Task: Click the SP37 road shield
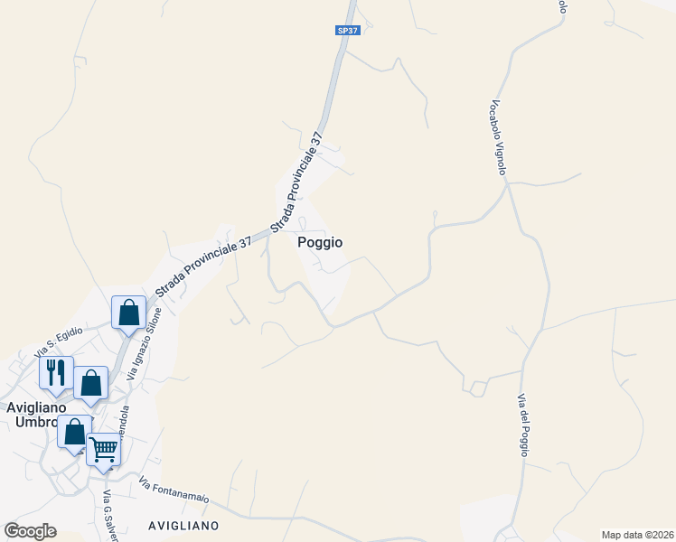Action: pos(346,30)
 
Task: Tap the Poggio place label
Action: pos(320,243)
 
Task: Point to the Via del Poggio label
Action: pos(522,425)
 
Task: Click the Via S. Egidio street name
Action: pos(59,340)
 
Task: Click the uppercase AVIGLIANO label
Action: pos(184,525)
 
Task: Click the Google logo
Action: pos(30,531)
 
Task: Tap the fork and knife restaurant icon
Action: pos(56,372)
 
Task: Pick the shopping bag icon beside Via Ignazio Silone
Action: pos(128,313)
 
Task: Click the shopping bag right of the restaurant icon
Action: pos(91,382)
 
